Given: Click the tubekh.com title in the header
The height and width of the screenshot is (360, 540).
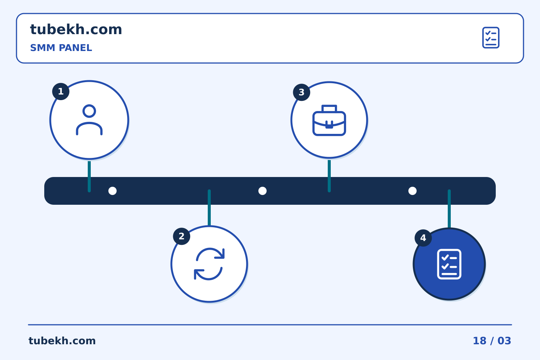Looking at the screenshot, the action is tap(76, 29).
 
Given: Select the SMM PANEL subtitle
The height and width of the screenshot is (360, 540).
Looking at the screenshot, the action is tap(61, 48).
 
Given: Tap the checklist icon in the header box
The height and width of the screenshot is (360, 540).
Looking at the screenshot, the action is tap(490, 37).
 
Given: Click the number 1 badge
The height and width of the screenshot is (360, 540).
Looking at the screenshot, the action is tap(61, 91).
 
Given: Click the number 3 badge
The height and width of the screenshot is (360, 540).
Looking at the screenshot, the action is tap(301, 92).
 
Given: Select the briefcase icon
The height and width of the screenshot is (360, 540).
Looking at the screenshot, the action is tap(329, 120).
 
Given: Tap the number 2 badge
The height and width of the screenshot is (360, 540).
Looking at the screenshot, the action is tap(181, 236).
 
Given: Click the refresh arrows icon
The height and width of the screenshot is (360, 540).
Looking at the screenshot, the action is tap(209, 264).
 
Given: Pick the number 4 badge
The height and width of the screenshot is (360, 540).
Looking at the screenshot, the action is tap(423, 238).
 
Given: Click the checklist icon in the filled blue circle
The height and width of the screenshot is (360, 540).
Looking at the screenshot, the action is tap(449, 264).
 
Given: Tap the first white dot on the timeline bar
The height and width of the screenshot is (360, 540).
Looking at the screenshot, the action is tap(112, 191).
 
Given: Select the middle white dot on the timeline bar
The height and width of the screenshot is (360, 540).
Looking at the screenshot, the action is tap(262, 191).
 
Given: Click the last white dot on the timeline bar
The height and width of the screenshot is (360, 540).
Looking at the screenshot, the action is tap(412, 191).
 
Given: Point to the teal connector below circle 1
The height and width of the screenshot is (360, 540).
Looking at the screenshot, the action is tap(89, 176).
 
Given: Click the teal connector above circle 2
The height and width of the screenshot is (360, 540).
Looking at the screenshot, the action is tap(209, 208).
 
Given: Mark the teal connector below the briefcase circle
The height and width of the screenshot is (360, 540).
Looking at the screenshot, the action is tap(329, 176).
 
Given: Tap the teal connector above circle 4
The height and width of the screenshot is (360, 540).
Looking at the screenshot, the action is tap(449, 208).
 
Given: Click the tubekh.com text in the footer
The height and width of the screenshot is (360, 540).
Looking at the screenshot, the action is tap(62, 341).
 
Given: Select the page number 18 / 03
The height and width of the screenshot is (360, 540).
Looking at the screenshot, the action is tap(492, 341).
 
